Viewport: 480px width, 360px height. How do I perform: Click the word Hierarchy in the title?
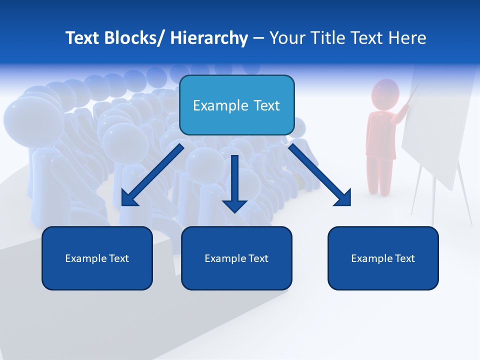pyautogui.click(x=209, y=38)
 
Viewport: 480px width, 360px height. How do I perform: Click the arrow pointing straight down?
pyautogui.click(x=234, y=185)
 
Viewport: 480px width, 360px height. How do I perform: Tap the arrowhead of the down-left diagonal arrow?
pyautogui.click(x=128, y=199)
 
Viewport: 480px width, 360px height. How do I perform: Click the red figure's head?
pyautogui.click(x=385, y=93)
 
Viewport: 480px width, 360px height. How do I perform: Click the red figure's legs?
pyautogui.click(x=379, y=175)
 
